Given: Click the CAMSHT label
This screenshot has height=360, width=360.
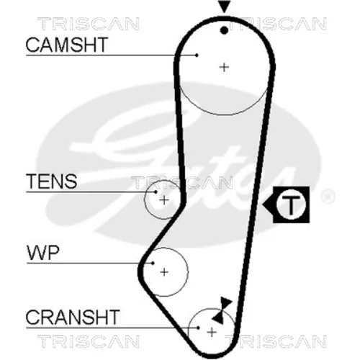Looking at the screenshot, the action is pos(66,45).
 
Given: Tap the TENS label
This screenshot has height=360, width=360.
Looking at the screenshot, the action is pos(52,181).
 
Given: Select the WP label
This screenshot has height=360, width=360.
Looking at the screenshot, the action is pos(43,253).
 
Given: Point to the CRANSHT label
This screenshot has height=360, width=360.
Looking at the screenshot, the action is pos(73,317).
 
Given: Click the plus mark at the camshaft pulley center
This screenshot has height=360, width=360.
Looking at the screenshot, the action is pos(224,68).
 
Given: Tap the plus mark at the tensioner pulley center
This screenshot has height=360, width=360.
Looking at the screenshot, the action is pos(164,200).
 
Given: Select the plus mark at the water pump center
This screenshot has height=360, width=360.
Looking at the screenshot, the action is pos(164,272).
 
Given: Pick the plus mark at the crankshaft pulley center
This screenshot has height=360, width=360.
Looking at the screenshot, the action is pos(212,333).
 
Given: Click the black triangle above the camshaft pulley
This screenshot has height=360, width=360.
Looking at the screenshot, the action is pos(224,6).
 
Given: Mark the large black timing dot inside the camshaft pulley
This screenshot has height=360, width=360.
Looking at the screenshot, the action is pos(224,30).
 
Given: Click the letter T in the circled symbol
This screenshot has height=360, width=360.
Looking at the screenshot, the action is pos(291,205).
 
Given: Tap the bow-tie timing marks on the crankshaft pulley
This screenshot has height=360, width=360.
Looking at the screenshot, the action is pos(222,310).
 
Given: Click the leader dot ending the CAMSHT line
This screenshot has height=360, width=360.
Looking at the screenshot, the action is pos(197,55).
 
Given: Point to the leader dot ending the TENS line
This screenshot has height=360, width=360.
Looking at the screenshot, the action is pos(156,192).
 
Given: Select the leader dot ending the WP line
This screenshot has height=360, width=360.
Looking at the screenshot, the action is pos(153,264).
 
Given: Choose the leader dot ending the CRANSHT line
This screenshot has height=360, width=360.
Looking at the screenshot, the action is pos(198,328).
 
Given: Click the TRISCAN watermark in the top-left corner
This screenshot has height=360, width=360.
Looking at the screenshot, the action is pos(89,24).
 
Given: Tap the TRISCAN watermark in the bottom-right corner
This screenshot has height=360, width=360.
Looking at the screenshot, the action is pos(276,341).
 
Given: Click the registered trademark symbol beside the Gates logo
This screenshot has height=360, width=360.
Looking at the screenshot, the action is pos(328,197).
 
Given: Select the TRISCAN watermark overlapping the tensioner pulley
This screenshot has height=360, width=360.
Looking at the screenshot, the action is pos(181,182).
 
